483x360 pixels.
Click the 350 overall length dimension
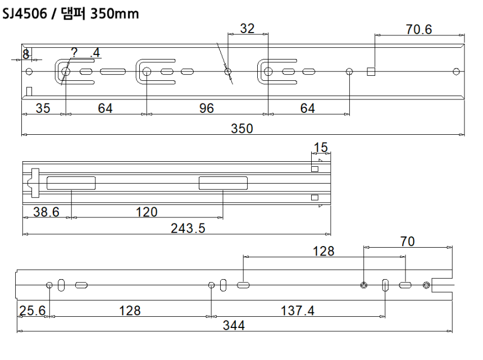coord(243,129)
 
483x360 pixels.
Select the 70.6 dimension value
coord(419,29)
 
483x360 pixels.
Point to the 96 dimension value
coord(207,109)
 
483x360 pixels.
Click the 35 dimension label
coord(43,109)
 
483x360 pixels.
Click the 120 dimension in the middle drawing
coord(146,212)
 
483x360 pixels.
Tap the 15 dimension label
coord(320,148)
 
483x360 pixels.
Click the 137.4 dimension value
coord(298,311)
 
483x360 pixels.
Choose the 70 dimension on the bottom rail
coord(408,241)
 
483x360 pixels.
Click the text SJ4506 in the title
coord(26,12)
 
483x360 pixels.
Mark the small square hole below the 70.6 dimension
coord(371,71)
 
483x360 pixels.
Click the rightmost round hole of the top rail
coord(456,71)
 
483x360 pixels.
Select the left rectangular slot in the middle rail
coord(71,183)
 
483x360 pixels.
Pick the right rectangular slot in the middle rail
coord(223,183)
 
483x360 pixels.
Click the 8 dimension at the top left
coord(25,54)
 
